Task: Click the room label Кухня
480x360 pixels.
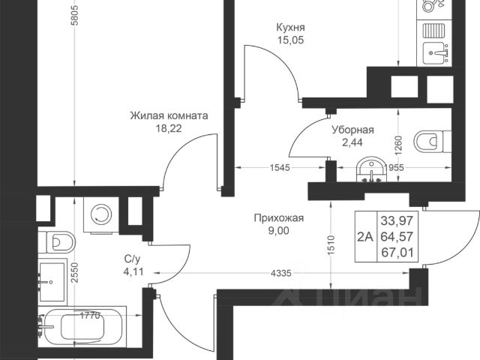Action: click(x=290, y=28)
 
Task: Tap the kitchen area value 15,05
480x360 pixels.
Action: click(x=290, y=40)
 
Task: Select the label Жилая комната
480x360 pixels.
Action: click(x=169, y=116)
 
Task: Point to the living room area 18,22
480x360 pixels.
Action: click(x=169, y=128)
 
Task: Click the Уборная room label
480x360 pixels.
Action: click(x=353, y=130)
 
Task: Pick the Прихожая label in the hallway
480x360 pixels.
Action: click(x=279, y=218)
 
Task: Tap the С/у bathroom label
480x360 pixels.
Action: click(x=132, y=259)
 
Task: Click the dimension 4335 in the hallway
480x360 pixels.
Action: click(x=280, y=273)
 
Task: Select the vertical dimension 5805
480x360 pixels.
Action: click(x=75, y=15)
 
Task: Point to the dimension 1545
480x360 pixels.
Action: click(x=279, y=167)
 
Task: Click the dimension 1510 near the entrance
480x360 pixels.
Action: click(x=331, y=245)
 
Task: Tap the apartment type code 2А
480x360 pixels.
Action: click(x=365, y=237)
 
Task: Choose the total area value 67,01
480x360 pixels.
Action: click(x=397, y=253)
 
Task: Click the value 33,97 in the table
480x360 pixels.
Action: click(x=397, y=220)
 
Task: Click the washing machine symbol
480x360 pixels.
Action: click(x=100, y=214)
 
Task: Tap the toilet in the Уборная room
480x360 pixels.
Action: click(x=432, y=142)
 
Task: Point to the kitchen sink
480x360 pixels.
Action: click(x=435, y=53)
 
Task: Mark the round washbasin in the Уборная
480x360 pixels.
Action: click(x=371, y=170)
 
